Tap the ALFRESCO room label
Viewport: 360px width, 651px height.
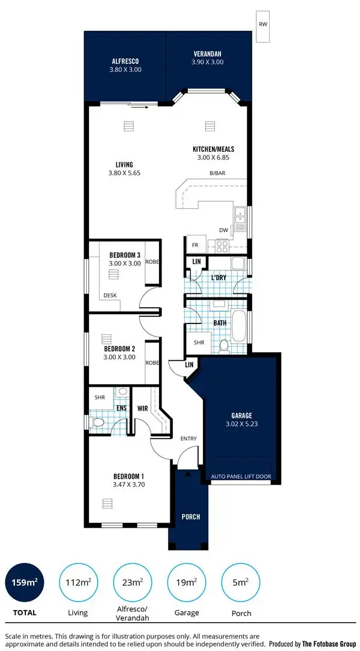pos(125,61)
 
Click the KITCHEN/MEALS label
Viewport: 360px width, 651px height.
pos(213,149)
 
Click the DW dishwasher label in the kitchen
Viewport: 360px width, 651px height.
pos(223,229)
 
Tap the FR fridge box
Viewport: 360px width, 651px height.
pos(195,246)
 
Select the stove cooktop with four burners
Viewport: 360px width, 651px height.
pos(220,246)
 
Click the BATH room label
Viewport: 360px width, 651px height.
pos(220,323)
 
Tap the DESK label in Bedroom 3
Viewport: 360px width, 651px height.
pos(110,295)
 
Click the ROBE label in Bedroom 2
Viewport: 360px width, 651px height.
pos(152,363)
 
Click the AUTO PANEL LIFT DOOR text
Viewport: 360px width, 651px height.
pos(241,476)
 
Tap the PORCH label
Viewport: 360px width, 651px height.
pos(190,517)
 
